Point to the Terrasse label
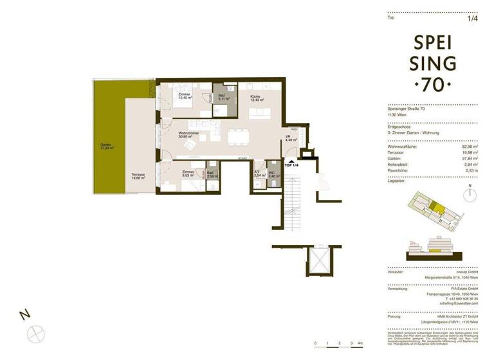138,176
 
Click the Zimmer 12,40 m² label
185,96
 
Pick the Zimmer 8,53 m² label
188,174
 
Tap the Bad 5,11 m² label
224,98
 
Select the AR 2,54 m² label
257,174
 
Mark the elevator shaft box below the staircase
318,261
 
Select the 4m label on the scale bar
361,344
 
